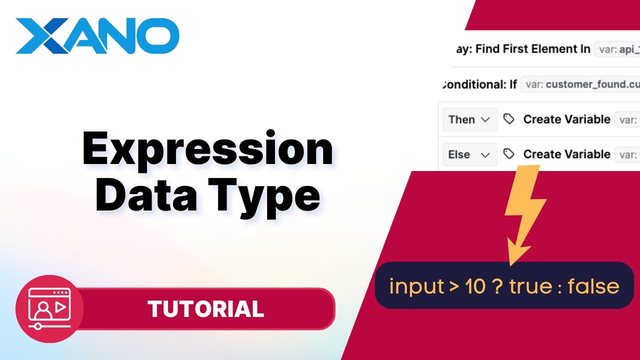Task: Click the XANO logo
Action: point(97,36)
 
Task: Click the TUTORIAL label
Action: point(205,309)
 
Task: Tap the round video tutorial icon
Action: point(49,308)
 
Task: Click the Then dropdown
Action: point(469,119)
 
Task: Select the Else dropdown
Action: point(469,154)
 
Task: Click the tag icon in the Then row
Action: point(509,119)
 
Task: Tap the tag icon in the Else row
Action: point(509,154)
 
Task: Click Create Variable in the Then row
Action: point(566,119)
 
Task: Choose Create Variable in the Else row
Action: point(566,154)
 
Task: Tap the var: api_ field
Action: point(617,49)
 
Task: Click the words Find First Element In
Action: point(532,49)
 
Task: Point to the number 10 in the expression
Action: point(475,286)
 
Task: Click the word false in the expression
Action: point(593,286)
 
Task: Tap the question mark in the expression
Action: point(497,286)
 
